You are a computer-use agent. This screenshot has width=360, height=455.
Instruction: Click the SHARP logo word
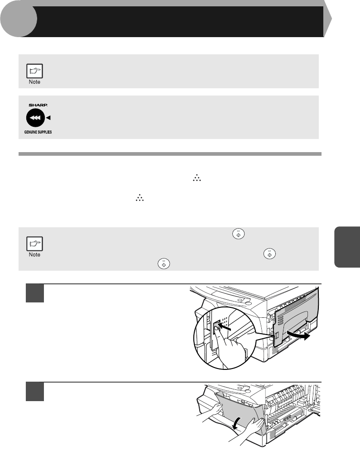coord(38,105)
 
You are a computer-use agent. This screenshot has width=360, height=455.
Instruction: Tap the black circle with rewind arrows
coord(35,118)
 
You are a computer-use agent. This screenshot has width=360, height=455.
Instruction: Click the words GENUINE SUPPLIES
coord(38,132)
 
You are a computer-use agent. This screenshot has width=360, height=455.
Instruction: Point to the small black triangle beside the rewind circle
coord(48,118)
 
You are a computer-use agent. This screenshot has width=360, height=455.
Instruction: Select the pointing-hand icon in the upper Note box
coord(34,71)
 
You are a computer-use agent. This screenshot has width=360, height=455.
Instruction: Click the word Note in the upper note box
coord(34,82)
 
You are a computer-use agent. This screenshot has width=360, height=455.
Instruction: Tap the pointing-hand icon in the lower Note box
coord(34,244)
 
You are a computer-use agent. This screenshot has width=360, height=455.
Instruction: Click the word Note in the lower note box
coord(34,255)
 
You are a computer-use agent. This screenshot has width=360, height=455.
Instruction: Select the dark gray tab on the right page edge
coord(347,247)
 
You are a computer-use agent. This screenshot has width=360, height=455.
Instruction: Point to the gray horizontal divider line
coord(170,154)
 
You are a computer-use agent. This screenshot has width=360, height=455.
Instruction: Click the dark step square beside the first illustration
coord(35,293)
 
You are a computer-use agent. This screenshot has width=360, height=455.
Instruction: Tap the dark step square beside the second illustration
coord(35,392)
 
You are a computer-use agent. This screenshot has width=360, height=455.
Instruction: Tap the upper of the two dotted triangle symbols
coord(197,178)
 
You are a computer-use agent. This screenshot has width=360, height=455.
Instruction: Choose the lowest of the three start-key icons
coord(164,263)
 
